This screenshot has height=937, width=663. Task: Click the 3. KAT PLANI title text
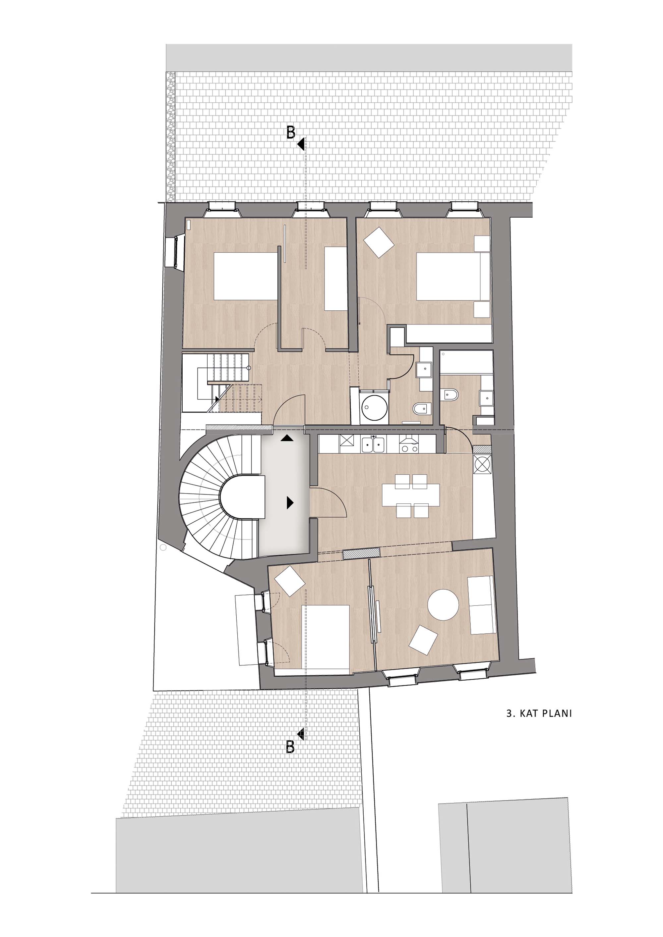539,713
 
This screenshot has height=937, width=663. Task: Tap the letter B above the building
290,132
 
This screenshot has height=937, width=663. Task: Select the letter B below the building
290,747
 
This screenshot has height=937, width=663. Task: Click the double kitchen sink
373,444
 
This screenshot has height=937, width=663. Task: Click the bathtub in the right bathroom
466,362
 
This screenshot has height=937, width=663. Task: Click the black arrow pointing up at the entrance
287,438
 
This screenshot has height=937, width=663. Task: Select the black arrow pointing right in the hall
290,502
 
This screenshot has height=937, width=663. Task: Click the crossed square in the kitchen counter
347,442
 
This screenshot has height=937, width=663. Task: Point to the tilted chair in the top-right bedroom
379,242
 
